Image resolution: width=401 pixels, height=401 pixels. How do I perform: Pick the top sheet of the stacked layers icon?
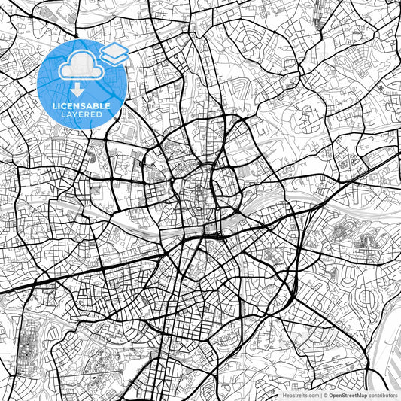pos(114,50)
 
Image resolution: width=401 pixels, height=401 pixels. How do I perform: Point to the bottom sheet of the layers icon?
pos(114,59)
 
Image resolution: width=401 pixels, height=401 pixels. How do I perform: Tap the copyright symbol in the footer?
pos(326,394)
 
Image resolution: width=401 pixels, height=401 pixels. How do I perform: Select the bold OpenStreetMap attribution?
pos(348,394)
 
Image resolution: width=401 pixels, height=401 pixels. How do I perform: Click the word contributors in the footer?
pos(384,394)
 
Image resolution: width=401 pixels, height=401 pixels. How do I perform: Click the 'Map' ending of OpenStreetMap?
pos(362,394)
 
